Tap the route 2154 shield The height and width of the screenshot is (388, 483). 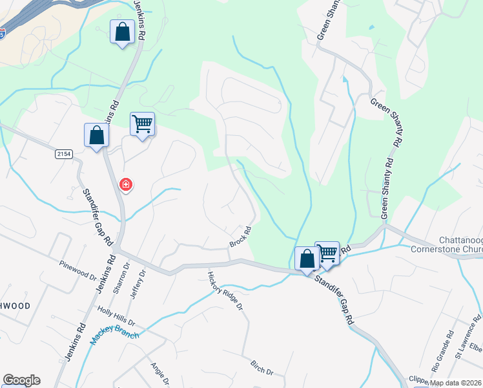tap(63, 153)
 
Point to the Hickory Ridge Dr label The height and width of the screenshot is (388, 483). tap(224, 290)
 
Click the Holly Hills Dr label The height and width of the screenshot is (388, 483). tap(116, 316)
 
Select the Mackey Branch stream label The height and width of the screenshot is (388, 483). tap(115, 333)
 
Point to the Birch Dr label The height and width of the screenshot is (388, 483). tap(261, 368)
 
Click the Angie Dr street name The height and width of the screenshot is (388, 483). tap(159, 372)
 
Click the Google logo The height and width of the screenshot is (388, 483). tap(21, 380)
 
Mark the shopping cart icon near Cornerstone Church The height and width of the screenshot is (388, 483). tap(327, 252)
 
